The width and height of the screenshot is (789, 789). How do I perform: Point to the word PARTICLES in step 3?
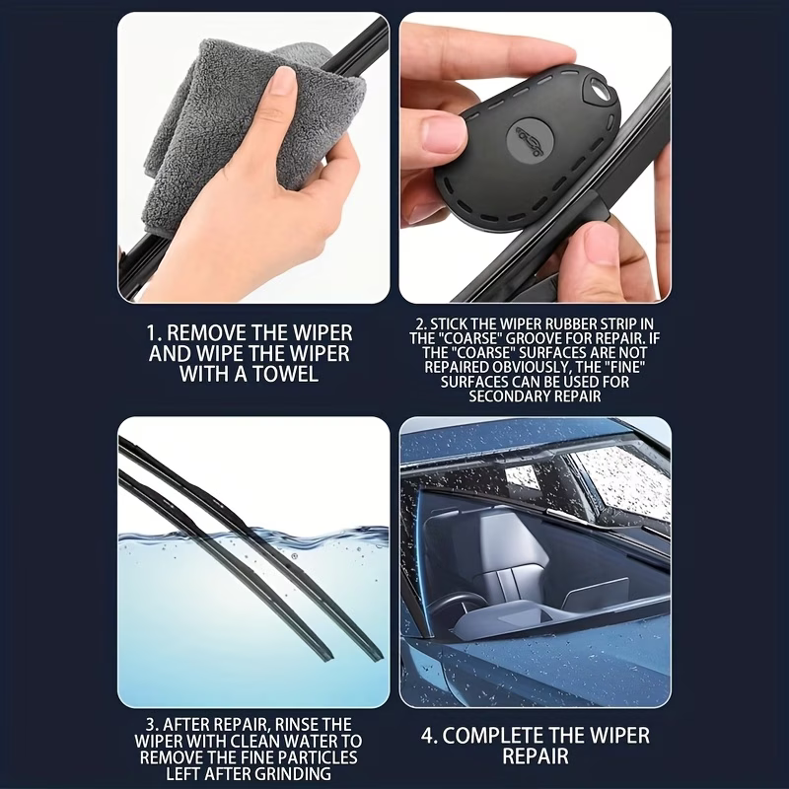318,757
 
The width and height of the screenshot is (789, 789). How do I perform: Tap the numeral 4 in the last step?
427,735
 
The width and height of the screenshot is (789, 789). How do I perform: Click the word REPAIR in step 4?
536,756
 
